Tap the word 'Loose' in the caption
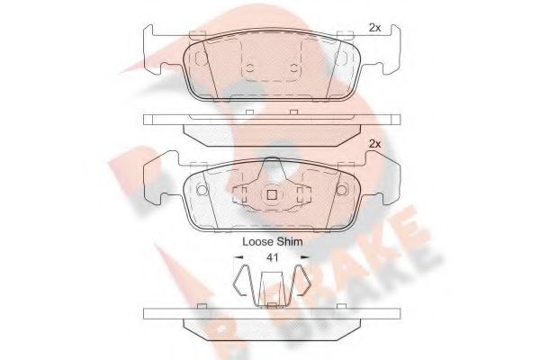[258, 242]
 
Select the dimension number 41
[271, 258]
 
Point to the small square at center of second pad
[271, 193]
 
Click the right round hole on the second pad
[340, 191]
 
